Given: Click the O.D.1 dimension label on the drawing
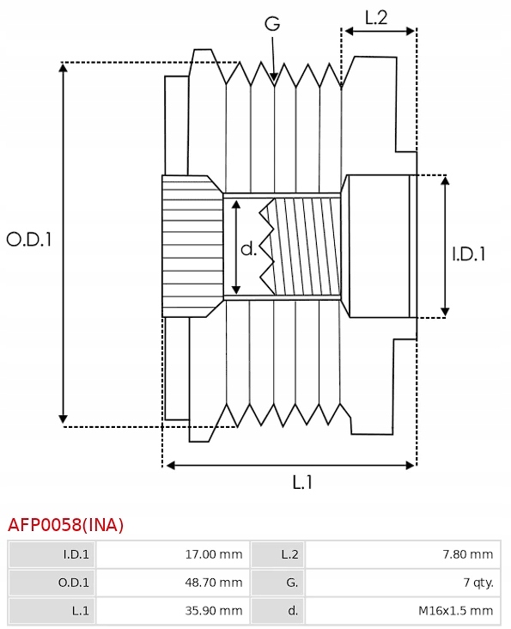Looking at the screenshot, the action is click(x=29, y=240).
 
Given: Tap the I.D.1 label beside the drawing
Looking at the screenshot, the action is click(x=469, y=254).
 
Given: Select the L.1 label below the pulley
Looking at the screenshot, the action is click(x=302, y=482).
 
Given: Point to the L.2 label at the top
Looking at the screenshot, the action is click(x=376, y=18).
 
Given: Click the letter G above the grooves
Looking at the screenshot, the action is click(x=272, y=24).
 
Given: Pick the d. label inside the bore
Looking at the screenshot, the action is click(x=248, y=248).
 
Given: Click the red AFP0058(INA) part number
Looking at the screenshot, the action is click(x=65, y=525).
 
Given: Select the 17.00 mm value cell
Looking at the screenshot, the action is click(x=214, y=554).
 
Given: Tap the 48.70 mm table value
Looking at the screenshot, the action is click(x=214, y=583).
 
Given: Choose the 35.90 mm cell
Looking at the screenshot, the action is click(x=214, y=611).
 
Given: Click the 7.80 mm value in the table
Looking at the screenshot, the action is click(x=468, y=554).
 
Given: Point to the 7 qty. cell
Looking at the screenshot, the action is click(x=478, y=583).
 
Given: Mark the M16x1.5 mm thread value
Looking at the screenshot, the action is click(x=456, y=611).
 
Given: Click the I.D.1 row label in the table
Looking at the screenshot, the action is click(x=76, y=554).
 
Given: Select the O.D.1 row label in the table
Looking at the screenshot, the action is click(x=74, y=583).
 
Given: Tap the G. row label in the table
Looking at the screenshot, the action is click(x=292, y=583).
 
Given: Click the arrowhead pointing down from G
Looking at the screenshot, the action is click(x=274, y=76).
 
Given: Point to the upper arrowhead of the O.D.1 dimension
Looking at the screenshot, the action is click(x=63, y=67).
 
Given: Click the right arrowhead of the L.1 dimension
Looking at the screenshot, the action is click(x=410, y=466).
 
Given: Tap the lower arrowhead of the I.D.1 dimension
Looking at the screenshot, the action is click(x=445, y=312).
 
